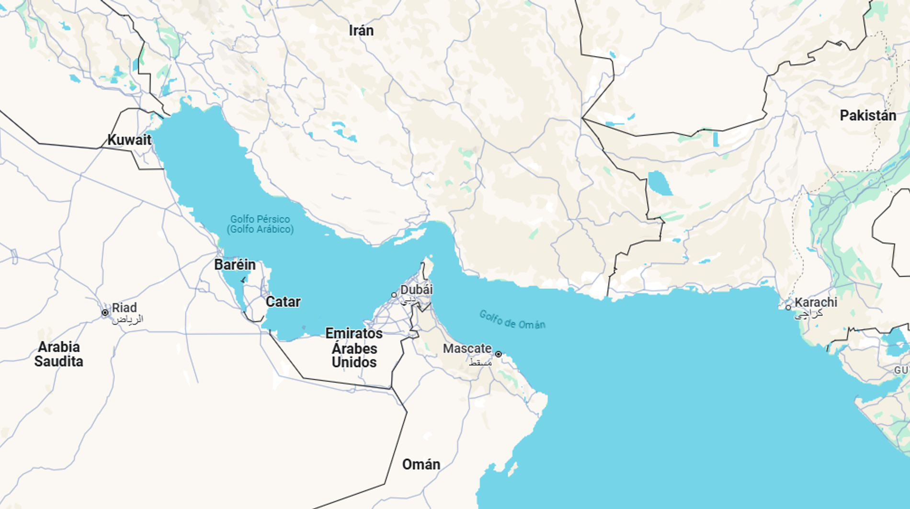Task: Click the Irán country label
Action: [x=361, y=31]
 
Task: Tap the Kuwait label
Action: [x=129, y=140]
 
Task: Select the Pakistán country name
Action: [x=868, y=115]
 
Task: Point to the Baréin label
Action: [x=235, y=264]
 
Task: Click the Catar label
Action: [x=283, y=302]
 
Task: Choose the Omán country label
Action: [x=421, y=464]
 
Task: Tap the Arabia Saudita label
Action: [x=58, y=354]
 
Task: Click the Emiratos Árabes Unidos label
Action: [x=354, y=348]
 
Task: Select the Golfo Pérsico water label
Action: [x=260, y=224]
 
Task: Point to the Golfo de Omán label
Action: [x=512, y=320]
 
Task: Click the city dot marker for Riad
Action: [x=105, y=313]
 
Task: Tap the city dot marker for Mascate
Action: [x=498, y=354]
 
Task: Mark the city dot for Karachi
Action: [x=788, y=307]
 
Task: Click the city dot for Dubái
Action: [x=394, y=295]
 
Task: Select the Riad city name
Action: [x=125, y=307]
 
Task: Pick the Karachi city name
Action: [x=816, y=302]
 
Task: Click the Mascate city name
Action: [x=467, y=349]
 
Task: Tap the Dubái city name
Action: [x=416, y=290]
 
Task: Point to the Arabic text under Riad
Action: [x=127, y=319]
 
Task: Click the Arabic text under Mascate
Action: [x=480, y=362]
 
